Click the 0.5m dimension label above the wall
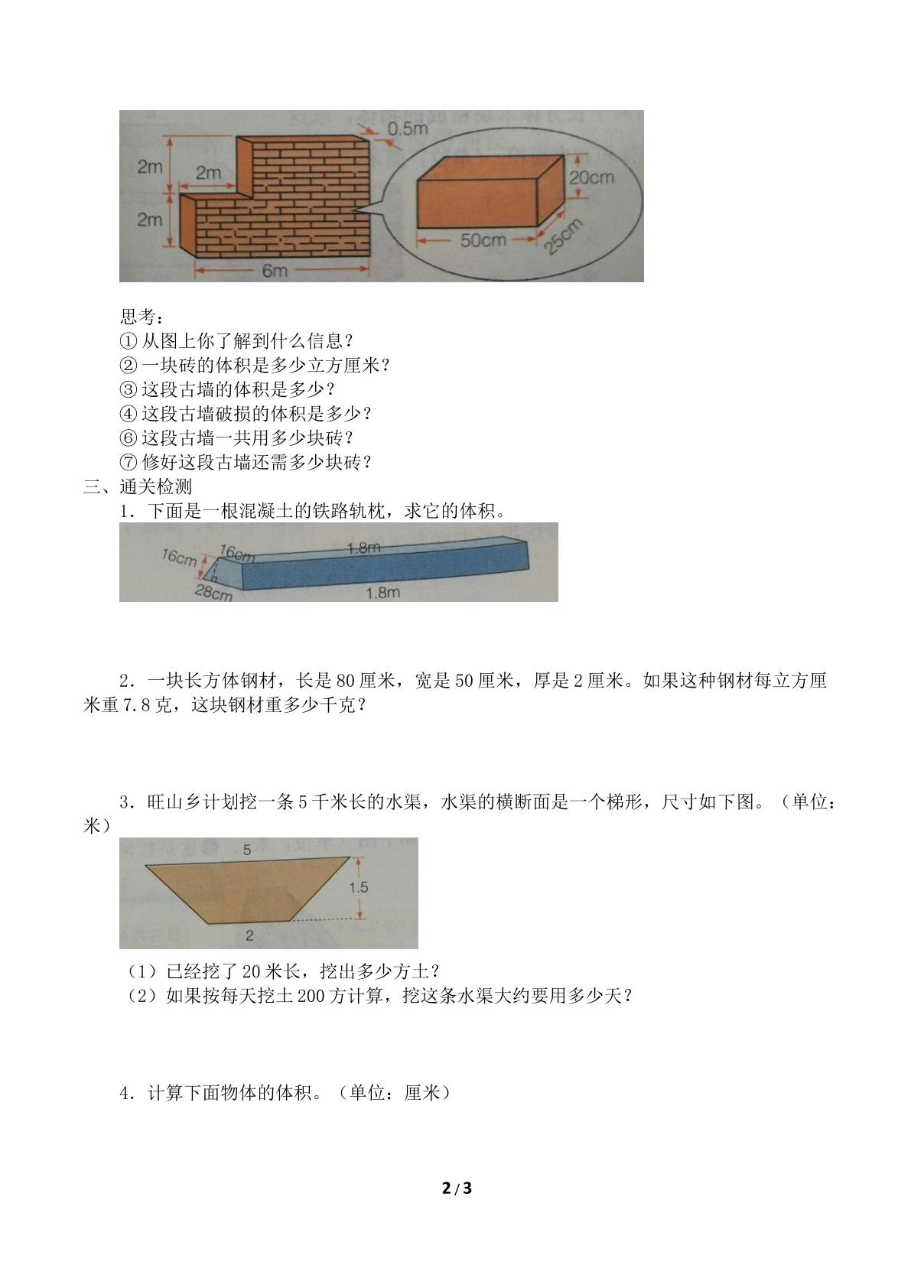(407, 128)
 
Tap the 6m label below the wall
(275, 270)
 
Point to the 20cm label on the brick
(591, 177)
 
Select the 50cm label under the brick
(483, 239)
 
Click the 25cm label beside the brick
(563, 236)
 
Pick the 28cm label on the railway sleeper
(213, 592)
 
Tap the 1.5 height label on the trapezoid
(358, 887)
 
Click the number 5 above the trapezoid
(247, 850)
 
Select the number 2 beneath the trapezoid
(249, 935)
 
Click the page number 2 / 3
(457, 1183)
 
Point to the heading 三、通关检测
(137, 486)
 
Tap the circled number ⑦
(129, 462)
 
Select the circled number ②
(129, 365)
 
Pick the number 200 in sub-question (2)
(311, 997)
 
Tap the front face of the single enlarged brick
(477, 203)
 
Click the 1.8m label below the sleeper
(383, 592)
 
